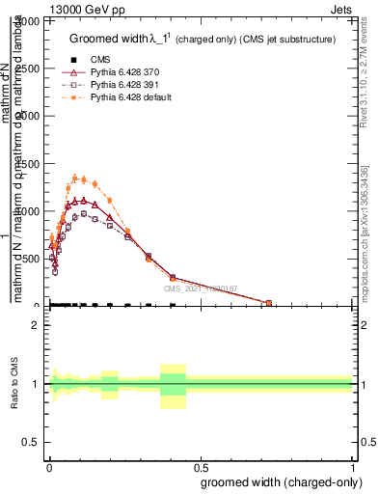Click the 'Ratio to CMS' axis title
pyautogui.click(x=16, y=384)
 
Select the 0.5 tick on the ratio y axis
pyautogui.click(x=32, y=442)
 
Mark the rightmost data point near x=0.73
pyautogui.click(x=269, y=303)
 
